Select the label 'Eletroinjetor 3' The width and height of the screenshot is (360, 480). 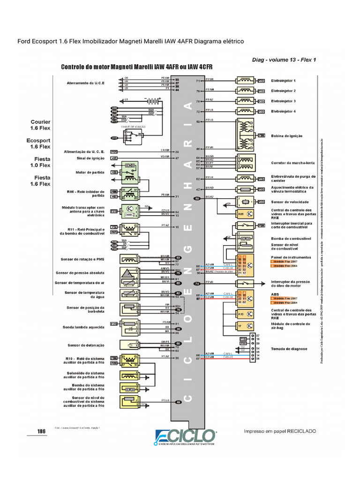283,101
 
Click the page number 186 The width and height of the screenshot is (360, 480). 41,431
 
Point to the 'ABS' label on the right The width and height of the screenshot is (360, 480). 274,295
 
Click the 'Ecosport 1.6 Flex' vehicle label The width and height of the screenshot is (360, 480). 41,143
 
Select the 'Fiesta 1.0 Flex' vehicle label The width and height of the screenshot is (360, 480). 41,162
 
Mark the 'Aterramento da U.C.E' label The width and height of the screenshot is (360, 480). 85,83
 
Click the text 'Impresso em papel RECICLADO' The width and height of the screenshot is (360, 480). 280,431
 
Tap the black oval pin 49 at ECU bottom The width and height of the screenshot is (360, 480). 178,402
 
